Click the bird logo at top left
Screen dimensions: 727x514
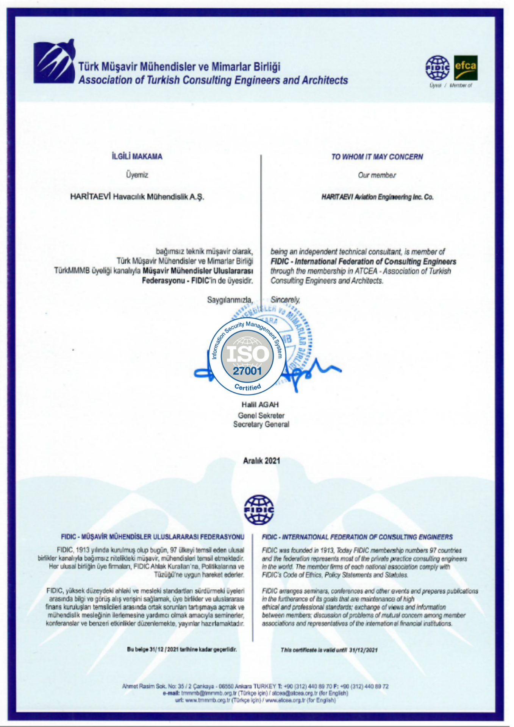point(54,62)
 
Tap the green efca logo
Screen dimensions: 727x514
point(466,67)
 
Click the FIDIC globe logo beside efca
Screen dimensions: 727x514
point(437,68)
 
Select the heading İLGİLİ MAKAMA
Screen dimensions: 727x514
point(137,156)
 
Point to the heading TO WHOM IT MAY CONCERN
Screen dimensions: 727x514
point(377,157)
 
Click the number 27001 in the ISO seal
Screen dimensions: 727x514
point(247,371)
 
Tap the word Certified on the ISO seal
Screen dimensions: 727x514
point(248,387)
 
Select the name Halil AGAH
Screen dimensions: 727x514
point(260,404)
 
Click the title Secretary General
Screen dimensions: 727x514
point(261,424)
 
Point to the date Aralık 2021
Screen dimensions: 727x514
point(261,461)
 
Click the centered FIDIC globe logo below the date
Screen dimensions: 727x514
point(259,510)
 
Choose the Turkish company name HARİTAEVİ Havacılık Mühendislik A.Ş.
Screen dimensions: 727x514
point(137,197)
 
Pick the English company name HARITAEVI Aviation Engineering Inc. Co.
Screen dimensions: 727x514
point(377,197)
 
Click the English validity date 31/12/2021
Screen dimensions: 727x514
point(363,650)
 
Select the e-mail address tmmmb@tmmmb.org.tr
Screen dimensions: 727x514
point(209,693)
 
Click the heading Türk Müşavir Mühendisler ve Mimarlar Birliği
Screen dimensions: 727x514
point(180,67)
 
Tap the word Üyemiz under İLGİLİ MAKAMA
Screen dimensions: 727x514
point(137,175)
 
